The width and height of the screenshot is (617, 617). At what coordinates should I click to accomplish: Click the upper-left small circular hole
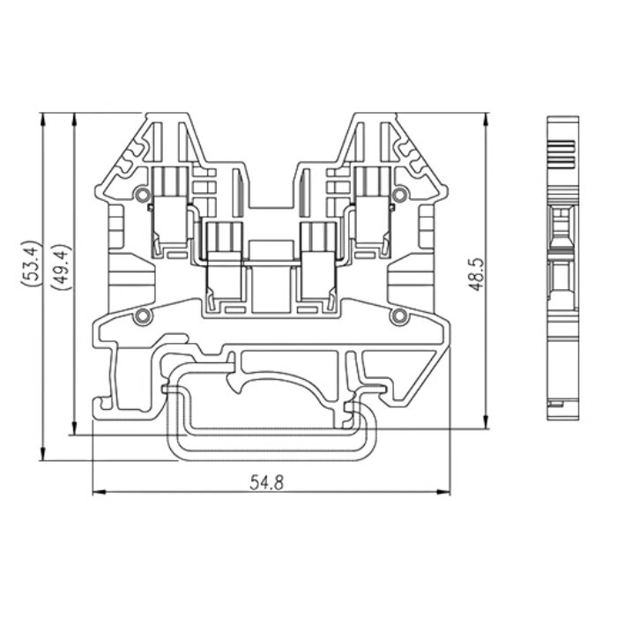[x=141, y=194]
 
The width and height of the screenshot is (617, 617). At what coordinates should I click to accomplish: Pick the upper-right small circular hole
[x=399, y=194]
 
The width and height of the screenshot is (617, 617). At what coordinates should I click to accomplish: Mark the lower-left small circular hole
[x=141, y=316]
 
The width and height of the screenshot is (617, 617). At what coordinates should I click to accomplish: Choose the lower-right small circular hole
[x=399, y=316]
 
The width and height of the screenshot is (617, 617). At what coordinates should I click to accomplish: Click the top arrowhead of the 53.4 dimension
[x=42, y=118]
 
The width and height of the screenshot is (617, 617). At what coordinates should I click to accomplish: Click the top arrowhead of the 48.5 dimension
[x=486, y=118]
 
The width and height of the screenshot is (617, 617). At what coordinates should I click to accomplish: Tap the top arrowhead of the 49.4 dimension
[x=74, y=118]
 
